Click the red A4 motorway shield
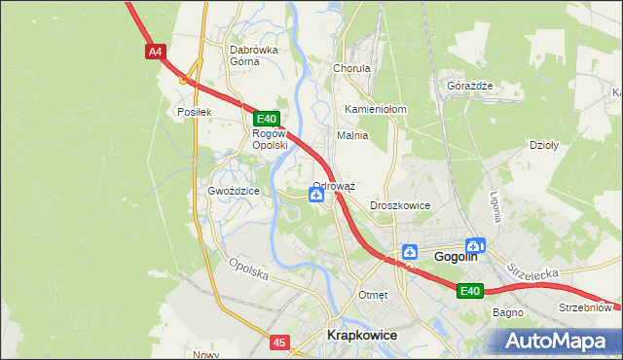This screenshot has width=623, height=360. pyautogui.click(x=155, y=52)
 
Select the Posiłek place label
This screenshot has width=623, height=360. pyautogui.click(x=194, y=112)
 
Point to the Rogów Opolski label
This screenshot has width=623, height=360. pyautogui.click(x=270, y=139)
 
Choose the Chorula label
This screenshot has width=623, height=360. pyautogui.click(x=352, y=69)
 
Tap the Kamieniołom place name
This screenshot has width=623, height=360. pyautogui.click(x=376, y=109)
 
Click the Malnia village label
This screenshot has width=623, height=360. pyautogui.click(x=351, y=135)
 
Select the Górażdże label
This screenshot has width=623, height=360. pyautogui.click(x=469, y=86)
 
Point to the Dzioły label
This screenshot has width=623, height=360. pyautogui.click(x=541, y=145)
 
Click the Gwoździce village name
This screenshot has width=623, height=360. pyautogui.click(x=233, y=191)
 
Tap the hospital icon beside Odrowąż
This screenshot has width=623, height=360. pyautogui.click(x=317, y=196)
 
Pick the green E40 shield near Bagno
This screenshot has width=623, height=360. pyautogui.click(x=470, y=290)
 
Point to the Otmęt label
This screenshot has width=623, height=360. pyautogui.click(x=373, y=295)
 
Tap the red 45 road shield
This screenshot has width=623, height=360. pyautogui.click(x=279, y=342)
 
